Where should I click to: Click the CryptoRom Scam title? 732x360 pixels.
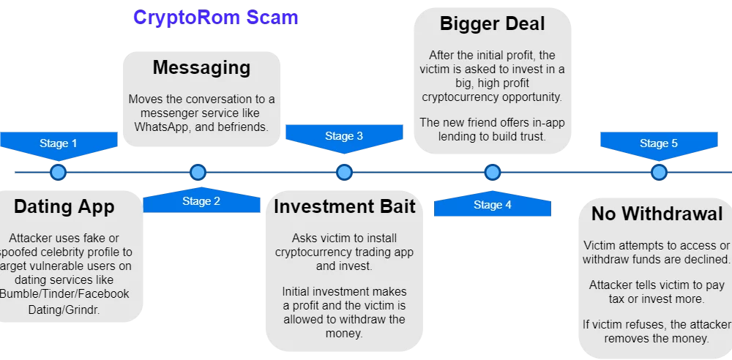pyautogui.click(x=215, y=18)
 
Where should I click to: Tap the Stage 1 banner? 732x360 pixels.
pyautogui.click(x=58, y=143)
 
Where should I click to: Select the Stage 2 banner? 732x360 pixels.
pyautogui.click(x=201, y=201)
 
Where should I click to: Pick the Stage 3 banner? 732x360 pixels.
pyautogui.click(x=344, y=136)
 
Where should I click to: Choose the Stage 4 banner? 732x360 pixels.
pyautogui.click(x=493, y=205)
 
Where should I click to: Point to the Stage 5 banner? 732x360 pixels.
pyautogui.click(x=659, y=143)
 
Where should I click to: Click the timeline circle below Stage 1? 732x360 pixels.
pyautogui.click(x=58, y=173)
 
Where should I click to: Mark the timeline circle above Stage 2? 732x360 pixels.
pyautogui.click(x=198, y=173)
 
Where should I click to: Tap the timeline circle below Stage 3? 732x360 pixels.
pyautogui.click(x=344, y=173)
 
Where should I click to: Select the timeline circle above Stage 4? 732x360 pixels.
pyautogui.click(x=493, y=173)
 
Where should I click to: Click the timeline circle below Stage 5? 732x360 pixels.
pyautogui.click(x=659, y=173)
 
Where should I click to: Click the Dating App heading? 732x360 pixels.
pyautogui.click(x=64, y=207)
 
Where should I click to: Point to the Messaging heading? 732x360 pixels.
pyautogui.click(x=201, y=68)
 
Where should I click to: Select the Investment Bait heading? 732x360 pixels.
pyautogui.click(x=344, y=207)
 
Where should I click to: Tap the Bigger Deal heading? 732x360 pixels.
pyautogui.click(x=492, y=23)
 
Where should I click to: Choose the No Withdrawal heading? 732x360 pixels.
pyautogui.click(x=657, y=214)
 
